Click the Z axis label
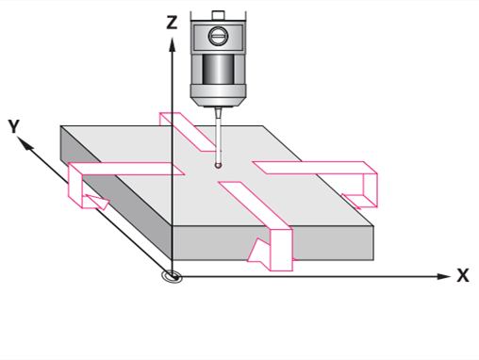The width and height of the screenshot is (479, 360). tap(172, 23)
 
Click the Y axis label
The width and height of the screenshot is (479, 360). tap(14, 126)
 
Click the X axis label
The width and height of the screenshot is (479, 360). tap(463, 275)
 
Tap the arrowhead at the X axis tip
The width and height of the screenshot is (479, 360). tap(444, 276)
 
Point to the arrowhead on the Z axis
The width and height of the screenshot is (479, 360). tap(172, 44)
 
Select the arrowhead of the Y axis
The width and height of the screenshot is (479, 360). tap(25, 143)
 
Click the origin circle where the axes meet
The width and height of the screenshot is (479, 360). tap(172, 277)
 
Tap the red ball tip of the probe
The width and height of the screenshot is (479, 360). tap(218, 165)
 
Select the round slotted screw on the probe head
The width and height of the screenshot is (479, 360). tap(218, 36)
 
